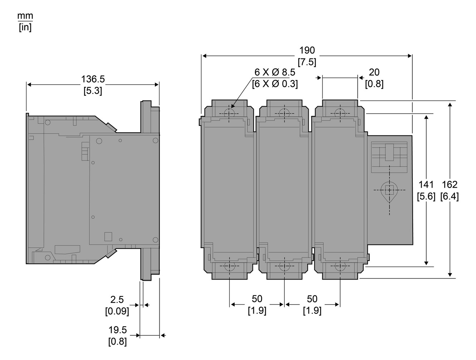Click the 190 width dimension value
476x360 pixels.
coord(307,50)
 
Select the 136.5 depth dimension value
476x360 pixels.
coord(93,79)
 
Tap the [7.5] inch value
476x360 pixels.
coord(307,62)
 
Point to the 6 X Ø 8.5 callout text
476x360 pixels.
coord(275,72)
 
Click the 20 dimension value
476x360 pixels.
coord(374,72)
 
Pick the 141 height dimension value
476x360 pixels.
coord(426,184)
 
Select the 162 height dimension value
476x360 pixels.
coord(450,184)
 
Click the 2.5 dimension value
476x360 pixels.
coord(117,300)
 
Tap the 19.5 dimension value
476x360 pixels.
coord(118,330)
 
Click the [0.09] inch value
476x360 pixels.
coord(117,311)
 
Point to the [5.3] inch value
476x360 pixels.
coord(93,91)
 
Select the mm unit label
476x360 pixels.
coord(25,16)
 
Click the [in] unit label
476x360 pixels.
coord(25,27)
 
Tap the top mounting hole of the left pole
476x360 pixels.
coord(229,113)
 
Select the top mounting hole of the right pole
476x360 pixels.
coord(340,113)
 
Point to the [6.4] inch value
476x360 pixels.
coord(450,196)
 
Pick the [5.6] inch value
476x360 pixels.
coord(426,196)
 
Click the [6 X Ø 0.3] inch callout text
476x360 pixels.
coord(275,84)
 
